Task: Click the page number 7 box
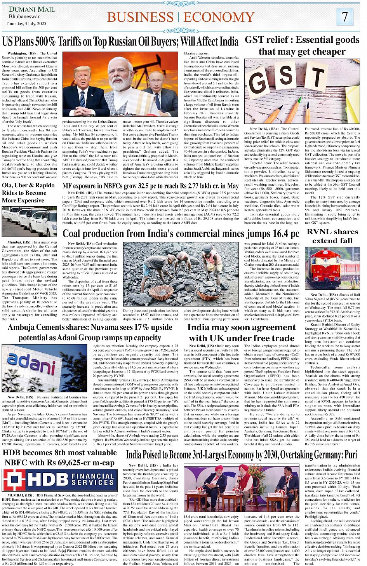[344, 17]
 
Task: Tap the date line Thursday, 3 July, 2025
[26, 24]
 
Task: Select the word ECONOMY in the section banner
[219, 17]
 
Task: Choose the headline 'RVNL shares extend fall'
[332, 236]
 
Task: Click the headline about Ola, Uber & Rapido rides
[28, 193]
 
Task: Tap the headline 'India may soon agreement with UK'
[241, 333]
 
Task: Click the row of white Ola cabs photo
[29, 221]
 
